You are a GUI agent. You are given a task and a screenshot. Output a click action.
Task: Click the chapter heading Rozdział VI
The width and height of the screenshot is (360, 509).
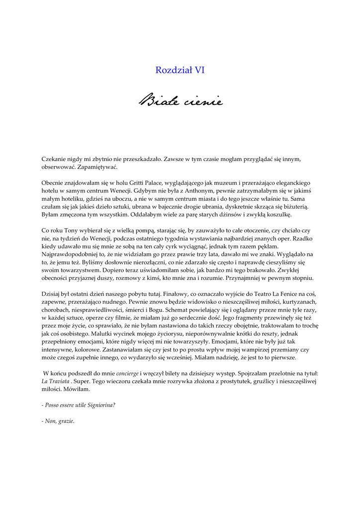(180, 70)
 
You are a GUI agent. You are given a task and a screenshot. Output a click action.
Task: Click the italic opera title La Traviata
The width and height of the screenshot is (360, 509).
(55, 381)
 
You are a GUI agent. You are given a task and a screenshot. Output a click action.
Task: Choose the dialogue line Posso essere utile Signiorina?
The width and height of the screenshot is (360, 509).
(79, 405)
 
